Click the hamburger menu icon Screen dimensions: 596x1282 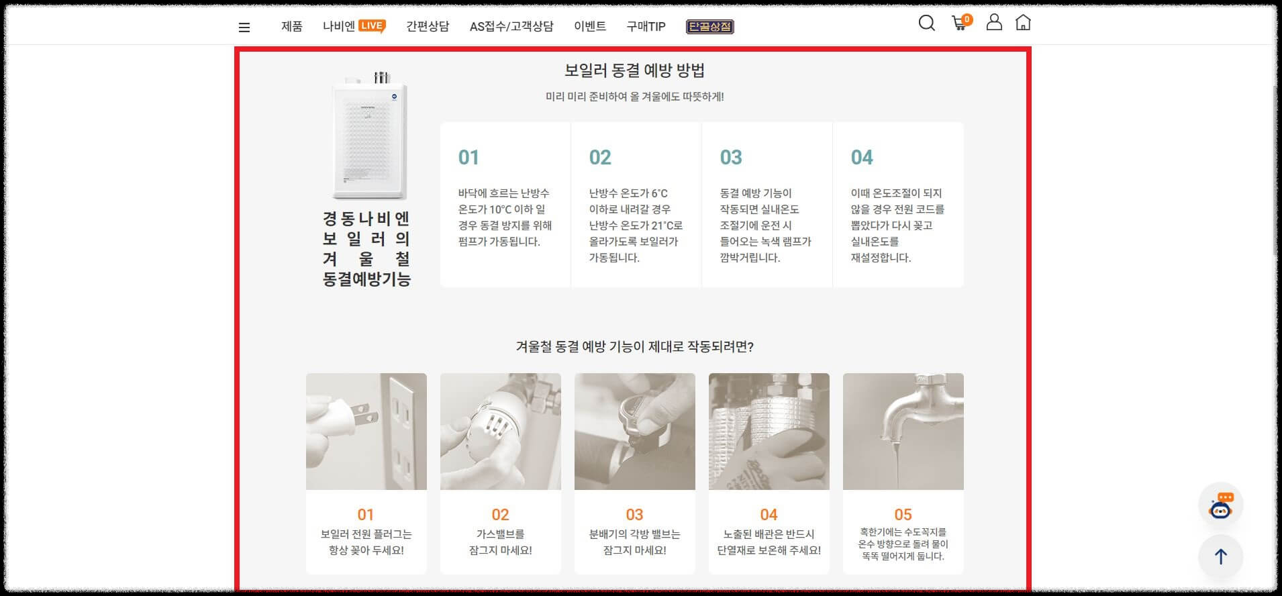click(244, 28)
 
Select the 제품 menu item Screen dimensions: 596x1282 click(292, 27)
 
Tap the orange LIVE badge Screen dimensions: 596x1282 click(372, 26)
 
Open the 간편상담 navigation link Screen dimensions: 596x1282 click(428, 27)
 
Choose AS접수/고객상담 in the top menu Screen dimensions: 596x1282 click(511, 27)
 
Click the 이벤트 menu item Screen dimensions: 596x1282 click(590, 27)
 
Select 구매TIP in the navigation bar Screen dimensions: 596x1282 click(646, 27)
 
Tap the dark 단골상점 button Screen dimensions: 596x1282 click(709, 27)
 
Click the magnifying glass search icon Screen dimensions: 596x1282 click(926, 23)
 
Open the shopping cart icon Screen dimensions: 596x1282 click(960, 23)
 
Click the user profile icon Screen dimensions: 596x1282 click(994, 22)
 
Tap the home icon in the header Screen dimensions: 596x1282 click(1023, 23)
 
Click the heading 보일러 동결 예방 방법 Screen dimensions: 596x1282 click(634, 70)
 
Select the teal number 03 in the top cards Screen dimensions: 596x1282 click(731, 158)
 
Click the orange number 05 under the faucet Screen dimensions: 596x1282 click(903, 515)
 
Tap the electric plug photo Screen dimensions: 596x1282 click(366, 432)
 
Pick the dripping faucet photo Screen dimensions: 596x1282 click(903, 432)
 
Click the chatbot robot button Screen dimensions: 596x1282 click(1220, 505)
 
